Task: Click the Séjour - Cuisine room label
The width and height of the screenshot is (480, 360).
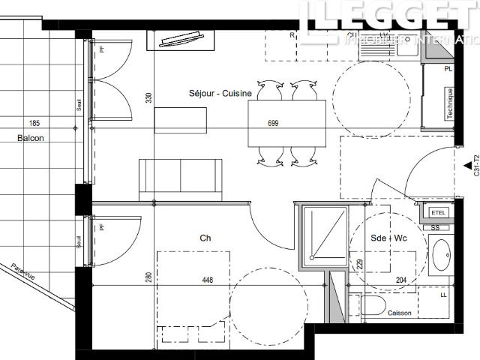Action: tap(214, 93)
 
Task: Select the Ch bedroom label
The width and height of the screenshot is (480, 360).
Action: tap(204, 238)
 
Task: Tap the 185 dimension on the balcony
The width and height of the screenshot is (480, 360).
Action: tap(34, 122)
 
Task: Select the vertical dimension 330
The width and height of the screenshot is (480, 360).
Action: tap(148, 97)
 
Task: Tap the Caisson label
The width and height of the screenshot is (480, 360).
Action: tap(399, 313)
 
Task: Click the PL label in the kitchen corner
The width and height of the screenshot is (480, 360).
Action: tap(448, 69)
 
